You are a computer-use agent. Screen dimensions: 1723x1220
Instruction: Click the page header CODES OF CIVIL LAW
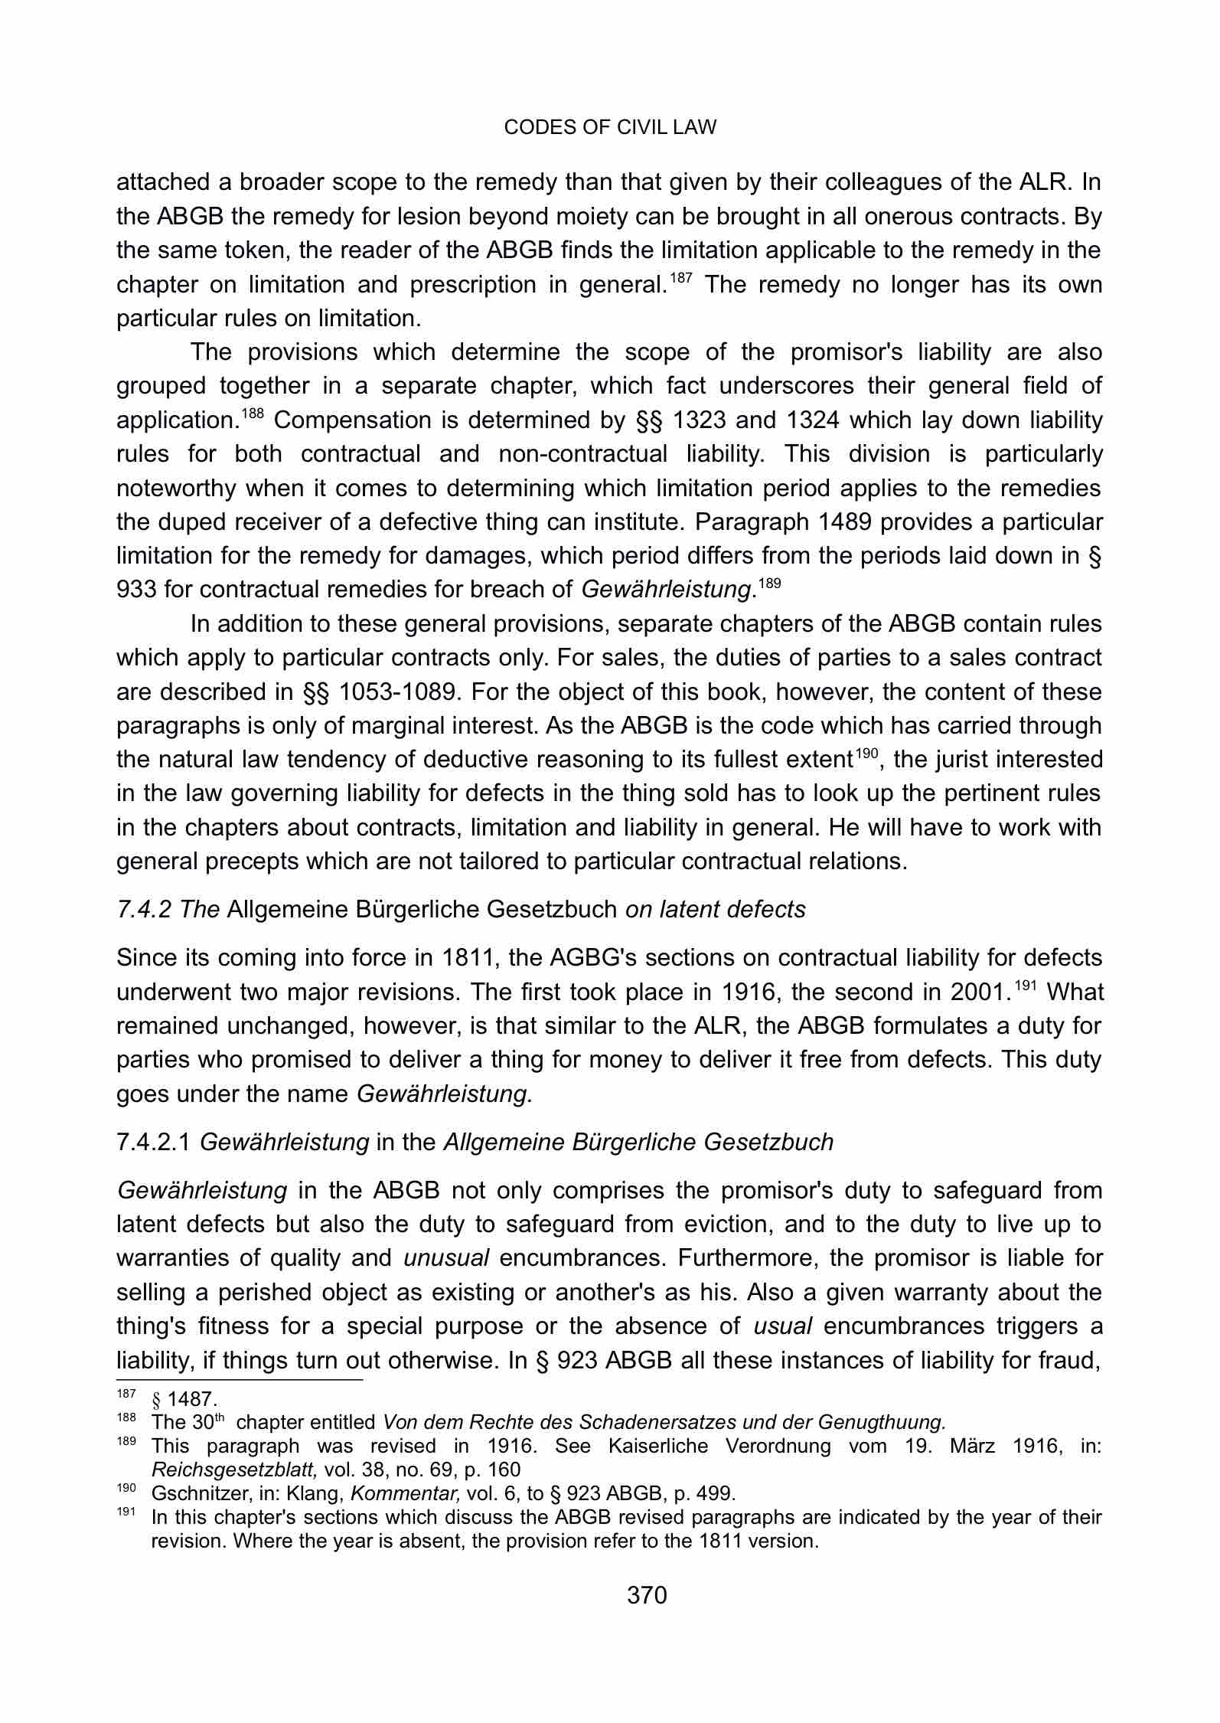tap(610, 127)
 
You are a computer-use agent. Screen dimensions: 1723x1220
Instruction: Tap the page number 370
tap(647, 1595)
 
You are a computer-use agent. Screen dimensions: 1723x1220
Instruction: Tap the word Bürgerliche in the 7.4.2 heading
tap(418, 910)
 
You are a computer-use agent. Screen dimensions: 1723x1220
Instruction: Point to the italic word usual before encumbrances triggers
tap(782, 1326)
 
